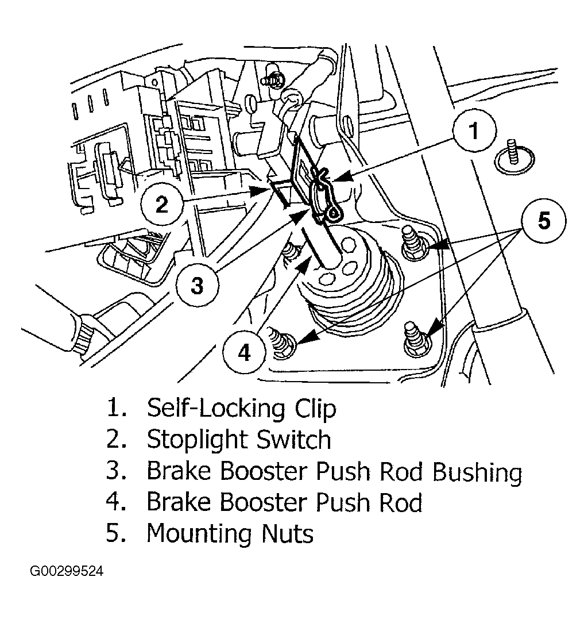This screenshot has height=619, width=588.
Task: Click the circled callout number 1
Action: [x=474, y=130]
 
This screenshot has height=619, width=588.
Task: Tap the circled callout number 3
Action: [x=197, y=285]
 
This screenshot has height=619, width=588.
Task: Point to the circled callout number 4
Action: [x=244, y=352]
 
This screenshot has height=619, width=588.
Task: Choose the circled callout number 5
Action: [x=544, y=221]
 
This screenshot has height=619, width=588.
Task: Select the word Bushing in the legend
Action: [x=477, y=472]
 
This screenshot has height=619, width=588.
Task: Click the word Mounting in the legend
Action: [x=199, y=534]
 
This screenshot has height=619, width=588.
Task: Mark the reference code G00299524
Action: [x=67, y=571]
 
